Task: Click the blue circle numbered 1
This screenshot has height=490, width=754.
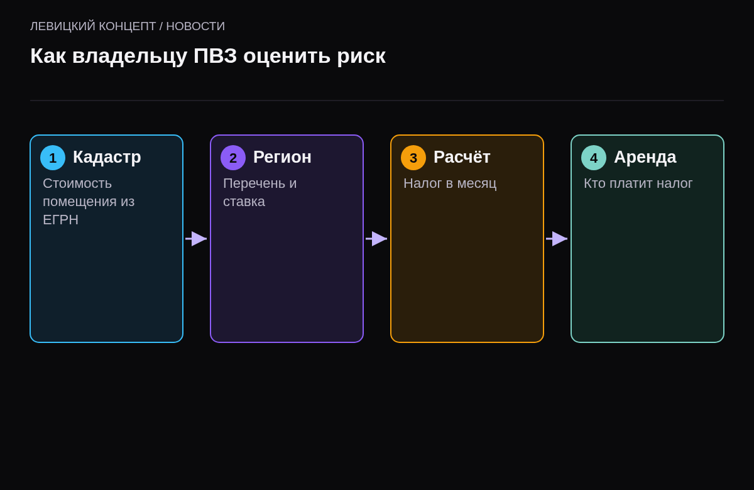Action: pos(53,158)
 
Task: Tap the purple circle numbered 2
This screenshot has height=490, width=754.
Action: pos(233,158)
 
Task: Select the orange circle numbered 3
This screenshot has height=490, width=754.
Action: pos(413,158)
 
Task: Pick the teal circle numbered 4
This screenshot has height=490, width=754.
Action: pos(594,158)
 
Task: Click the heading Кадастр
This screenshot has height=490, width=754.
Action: pos(107,158)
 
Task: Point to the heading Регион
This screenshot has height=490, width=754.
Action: pos(282,158)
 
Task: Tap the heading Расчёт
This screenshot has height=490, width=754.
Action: pos(462,157)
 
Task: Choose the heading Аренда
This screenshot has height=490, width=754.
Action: pos(645,158)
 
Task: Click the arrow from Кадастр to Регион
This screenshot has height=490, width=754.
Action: pos(196,239)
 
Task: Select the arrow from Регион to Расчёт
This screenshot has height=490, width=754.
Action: pos(376,239)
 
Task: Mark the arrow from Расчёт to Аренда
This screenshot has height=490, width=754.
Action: pos(557,239)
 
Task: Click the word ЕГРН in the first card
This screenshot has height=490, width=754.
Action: pos(60,220)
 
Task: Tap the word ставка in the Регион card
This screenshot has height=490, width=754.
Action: pos(244,202)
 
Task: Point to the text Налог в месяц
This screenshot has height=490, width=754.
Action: pos(450,183)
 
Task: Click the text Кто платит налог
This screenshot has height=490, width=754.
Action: pos(638,183)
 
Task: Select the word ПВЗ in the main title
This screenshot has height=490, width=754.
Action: pos(215,55)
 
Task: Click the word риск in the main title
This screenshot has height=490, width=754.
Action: pos(361,57)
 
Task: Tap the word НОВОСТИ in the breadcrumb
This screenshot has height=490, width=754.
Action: pos(195,26)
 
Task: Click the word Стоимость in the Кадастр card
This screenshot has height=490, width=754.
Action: pos(77,183)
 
